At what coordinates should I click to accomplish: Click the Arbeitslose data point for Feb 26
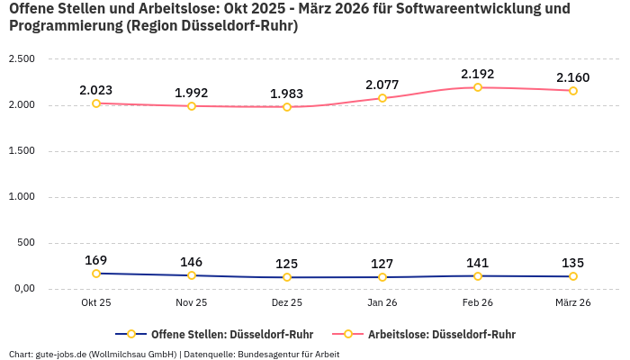(x=478, y=87)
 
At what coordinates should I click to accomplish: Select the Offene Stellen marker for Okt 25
(x=96, y=274)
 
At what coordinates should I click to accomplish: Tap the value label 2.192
(x=478, y=74)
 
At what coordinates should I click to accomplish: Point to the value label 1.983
(x=287, y=94)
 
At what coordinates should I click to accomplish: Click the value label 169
(x=96, y=260)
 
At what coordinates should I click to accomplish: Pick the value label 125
(x=287, y=264)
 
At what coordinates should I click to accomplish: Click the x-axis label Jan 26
(x=382, y=302)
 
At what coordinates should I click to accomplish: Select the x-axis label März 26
(x=573, y=302)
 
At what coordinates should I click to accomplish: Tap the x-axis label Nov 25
(x=192, y=302)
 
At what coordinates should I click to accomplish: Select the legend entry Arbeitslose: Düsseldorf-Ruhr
(x=441, y=334)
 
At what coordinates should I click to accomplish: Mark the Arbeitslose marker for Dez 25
(x=287, y=107)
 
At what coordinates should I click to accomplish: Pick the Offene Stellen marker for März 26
(x=573, y=276)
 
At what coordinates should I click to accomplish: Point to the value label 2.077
(x=382, y=85)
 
